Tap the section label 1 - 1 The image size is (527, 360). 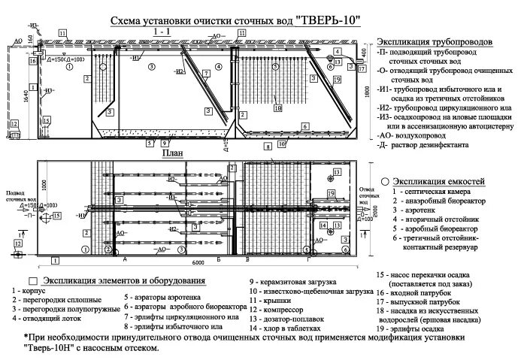(161, 33)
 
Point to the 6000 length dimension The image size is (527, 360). (197, 264)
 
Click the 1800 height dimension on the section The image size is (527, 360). (366, 90)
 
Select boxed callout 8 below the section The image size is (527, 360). (266, 149)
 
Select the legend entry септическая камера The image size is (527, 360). (432, 192)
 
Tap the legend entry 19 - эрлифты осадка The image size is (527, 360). (414, 329)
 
